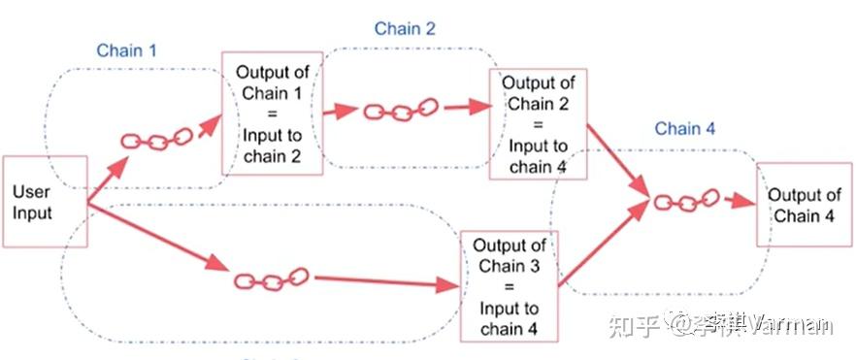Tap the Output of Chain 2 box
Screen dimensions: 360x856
click(x=538, y=125)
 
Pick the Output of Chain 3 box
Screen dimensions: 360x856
click(x=510, y=287)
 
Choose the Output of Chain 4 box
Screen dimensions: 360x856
click(x=803, y=206)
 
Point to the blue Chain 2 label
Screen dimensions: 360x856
click(x=405, y=29)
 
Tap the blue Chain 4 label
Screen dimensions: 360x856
click(x=684, y=128)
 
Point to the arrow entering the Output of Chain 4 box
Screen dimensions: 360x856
click(x=739, y=202)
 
